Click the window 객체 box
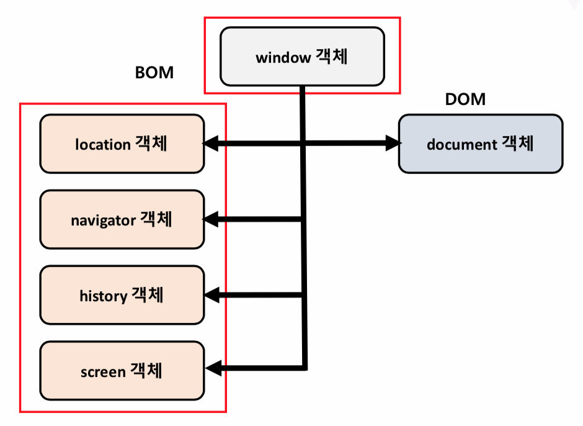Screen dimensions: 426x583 coord(302,57)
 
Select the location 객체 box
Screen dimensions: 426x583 coord(122,143)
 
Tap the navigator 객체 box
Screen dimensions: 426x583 coord(122,219)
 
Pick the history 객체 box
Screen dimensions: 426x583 coord(122,295)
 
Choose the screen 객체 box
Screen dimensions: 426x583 coord(122,371)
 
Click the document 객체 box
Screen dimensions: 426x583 coord(481,143)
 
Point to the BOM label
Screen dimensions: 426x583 coord(154,73)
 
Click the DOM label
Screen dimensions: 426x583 coord(465,99)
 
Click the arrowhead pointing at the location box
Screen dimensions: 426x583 coord(211,144)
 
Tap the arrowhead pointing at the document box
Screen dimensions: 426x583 coord(393,144)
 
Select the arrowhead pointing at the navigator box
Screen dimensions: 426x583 coord(211,219)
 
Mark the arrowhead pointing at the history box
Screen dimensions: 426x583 coord(211,295)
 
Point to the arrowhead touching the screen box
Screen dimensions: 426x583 coord(211,369)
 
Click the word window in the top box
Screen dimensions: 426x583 coord(283,58)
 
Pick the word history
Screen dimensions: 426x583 coord(103,296)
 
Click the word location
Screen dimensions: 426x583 coord(103,145)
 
